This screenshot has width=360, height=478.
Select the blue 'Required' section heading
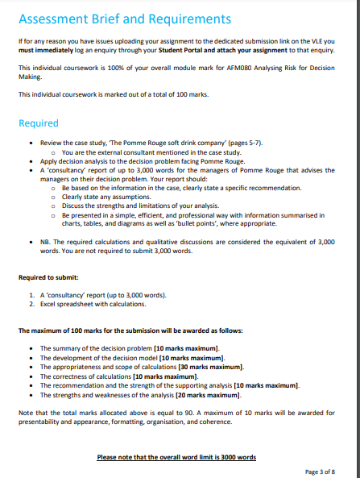pyautogui.click(x=38, y=123)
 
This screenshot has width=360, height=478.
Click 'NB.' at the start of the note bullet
pyautogui.click(x=46, y=241)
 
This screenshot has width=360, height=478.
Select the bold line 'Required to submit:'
pyautogui.click(x=50, y=277)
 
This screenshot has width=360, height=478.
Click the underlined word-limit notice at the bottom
pyautogui.click(x=176, y=457)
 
